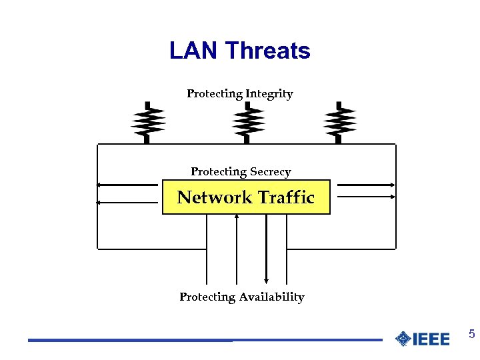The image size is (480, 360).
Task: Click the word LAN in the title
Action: [x=194, y=51]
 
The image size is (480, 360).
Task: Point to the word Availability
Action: [x=272, y=297]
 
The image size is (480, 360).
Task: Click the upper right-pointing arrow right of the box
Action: [x=366, y=185]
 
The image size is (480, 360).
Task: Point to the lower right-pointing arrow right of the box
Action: [x=366, y=197]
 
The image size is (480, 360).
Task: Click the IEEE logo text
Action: [x=431, y=339]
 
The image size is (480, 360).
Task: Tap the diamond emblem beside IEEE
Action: [x=403, y=339]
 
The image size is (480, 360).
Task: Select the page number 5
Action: [x=471, y=334]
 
